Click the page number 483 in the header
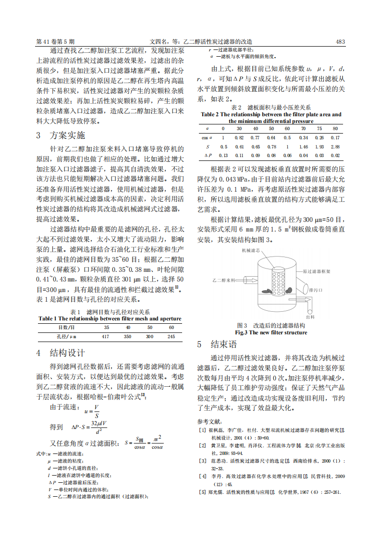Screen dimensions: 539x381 pyautogui.click(x=340, y=42)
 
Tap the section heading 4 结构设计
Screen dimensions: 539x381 pyautogui.click(x=61, y=353)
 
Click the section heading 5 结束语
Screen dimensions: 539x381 pyautogui.click(x=217, y=344)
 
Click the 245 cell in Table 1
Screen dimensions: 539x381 pyautogui.click(x=171, y=337)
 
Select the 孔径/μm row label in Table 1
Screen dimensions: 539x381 pyautogui.click(x=67, y=337)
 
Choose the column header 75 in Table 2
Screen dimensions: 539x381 pyautogui.click(x=319, y=129)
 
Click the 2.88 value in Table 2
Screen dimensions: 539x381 pyautogui.click(x=335, y=147)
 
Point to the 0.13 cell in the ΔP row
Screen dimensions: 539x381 pyautogui.click(x=223, y=156)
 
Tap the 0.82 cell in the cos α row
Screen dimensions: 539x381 pyautogui.click(x=239, y=138)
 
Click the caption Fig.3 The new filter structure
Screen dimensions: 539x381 pyautogui.click(x=270, y=332)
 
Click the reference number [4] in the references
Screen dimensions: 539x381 pyautogui.click(x=203, y=476)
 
